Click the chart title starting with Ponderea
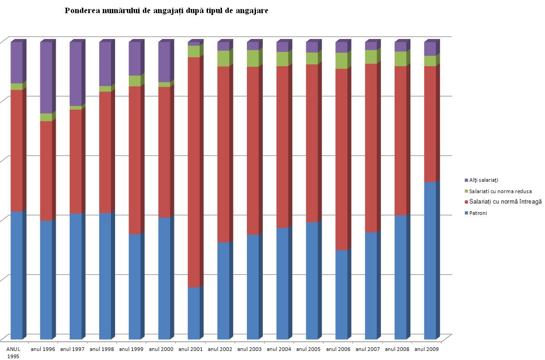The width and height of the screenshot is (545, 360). coord(166,10)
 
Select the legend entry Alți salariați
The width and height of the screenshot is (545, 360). coord(484,180)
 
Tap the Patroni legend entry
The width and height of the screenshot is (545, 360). coord(478,213)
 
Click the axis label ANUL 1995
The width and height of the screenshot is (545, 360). coord(13,352)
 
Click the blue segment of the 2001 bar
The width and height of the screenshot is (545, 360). coord(194,313)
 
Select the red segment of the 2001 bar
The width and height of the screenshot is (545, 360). coord(194,172)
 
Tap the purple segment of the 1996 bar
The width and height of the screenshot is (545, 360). coord(46,77)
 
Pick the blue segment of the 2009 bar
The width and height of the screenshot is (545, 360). coord(430,261)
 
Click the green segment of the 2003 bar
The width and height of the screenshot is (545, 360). coord(253,58)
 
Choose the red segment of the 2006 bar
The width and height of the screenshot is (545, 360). coord(342,159)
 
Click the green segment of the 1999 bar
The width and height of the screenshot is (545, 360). coord(135,81)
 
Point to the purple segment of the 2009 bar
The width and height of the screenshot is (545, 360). coord(430,49)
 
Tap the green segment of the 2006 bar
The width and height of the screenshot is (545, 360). coord(342,61)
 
